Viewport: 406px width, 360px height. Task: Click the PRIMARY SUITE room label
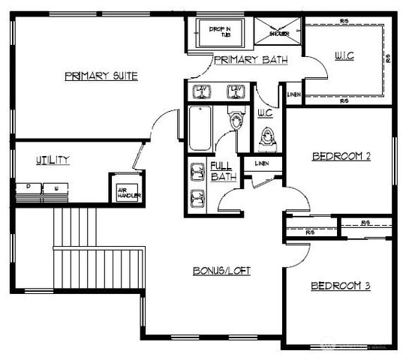[x=101, y=76]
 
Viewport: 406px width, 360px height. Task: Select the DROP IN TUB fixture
[x=220, y=34]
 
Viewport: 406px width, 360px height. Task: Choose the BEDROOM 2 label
[x=341, y=157]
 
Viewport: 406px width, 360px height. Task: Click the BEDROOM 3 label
[x=341, y=286]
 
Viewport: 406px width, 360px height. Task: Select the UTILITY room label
[x=53, y=159]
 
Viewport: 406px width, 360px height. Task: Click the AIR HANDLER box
[x=124, y=192]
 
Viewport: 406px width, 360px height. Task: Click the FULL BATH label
[x=223, y=171]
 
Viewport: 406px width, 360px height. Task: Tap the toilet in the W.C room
[x=266, y=137]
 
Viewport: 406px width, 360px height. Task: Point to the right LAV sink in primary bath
[x=236, y=91]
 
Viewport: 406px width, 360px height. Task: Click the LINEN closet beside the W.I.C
[x=293, y=94]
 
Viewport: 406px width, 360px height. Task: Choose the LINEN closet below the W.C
[x=262, y=163]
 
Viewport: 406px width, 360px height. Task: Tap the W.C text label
[x=265, y=113]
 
